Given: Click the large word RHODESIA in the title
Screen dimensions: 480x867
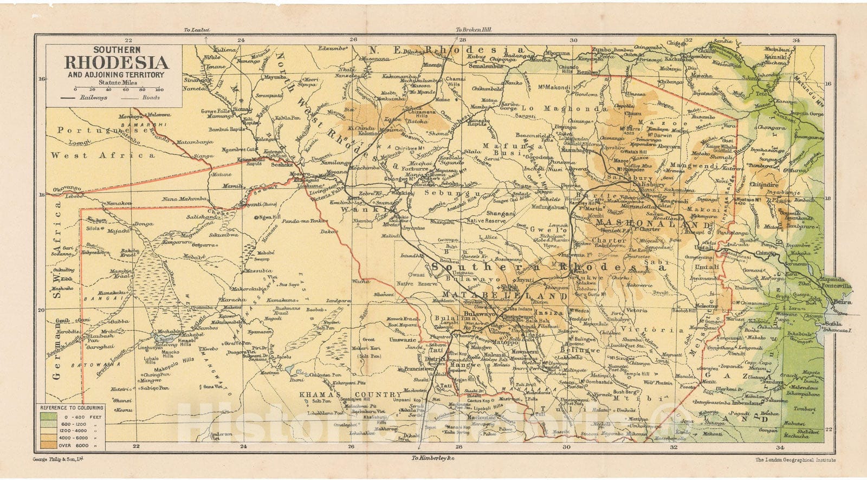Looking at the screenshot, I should [117, 63].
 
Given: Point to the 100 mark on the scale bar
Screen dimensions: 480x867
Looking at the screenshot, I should [159, 89].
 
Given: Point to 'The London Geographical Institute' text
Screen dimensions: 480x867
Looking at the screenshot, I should [795, 460].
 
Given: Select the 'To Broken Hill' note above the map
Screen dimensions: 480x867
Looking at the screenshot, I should [473, 30].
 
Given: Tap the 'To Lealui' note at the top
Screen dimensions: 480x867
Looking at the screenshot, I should [196, 30].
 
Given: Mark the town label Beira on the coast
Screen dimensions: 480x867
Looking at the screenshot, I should [842, 302].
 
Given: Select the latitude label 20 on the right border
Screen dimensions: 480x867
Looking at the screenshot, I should [828, 310].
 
